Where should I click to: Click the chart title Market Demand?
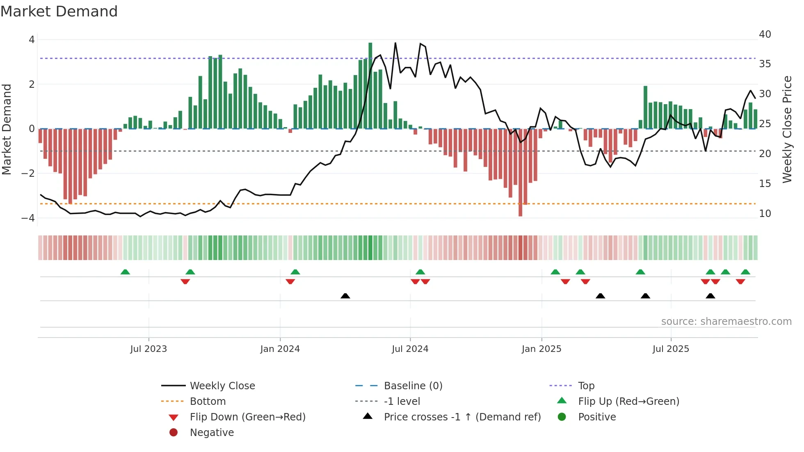point(59,11)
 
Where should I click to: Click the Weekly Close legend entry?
point(222,386)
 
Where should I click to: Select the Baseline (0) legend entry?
point(413,386)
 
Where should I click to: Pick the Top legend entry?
point(586,386)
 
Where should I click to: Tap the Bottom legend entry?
point(208,401)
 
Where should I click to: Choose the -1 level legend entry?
point(402,401)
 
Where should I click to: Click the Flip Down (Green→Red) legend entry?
point(247,417)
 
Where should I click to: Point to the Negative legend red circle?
point(174,432)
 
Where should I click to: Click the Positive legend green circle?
point(562,417)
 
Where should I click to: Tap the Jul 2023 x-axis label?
point(148,349)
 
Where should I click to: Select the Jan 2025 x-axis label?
point(541,349)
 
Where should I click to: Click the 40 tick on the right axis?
point(765,34)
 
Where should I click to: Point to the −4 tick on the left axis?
point(28,218)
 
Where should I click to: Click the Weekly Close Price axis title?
point(787,129)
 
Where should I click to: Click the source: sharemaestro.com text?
point(726,321)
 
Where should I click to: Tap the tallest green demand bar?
point(370,86)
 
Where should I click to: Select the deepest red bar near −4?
point(520,172)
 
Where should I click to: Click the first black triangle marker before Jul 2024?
point(345,296)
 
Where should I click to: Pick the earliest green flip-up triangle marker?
point(125,272)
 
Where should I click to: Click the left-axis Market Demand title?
point(7,129)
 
